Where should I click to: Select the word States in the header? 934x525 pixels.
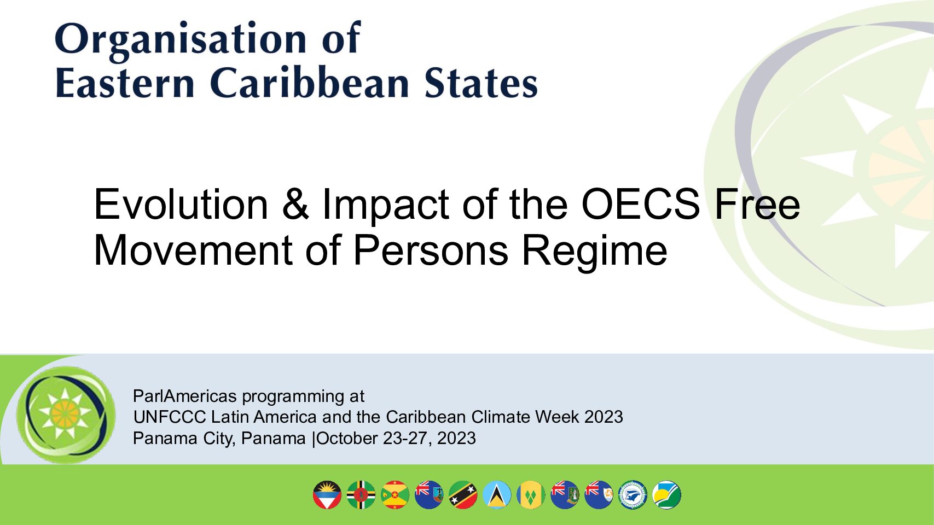(481, 83)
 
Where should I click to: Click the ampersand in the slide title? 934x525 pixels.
(295, 204)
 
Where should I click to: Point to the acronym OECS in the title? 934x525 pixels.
(640, 204)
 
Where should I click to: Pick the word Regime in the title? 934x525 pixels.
(594, 250)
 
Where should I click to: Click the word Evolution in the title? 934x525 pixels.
(181, 204)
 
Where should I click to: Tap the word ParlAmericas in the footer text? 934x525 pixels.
(185, 396)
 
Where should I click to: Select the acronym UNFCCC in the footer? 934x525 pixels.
(170, 417)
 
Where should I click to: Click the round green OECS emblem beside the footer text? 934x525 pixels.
(66, 415)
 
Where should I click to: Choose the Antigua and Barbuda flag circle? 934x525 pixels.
(327, 495)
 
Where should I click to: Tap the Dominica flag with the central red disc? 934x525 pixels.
(361, 495)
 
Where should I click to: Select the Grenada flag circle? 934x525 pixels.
(395, 495)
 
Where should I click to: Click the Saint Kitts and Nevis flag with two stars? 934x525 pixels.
(463, 495)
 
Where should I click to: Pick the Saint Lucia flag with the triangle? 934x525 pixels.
(497, 495)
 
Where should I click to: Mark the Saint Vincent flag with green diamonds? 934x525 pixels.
(531, 495)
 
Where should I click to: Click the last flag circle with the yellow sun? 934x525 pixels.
(667, 495)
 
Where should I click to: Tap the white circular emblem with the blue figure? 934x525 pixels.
(633, 495)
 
